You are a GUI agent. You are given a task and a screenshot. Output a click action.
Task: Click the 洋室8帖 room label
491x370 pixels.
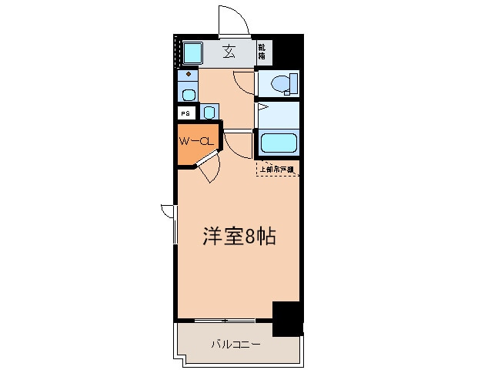coord(239,236)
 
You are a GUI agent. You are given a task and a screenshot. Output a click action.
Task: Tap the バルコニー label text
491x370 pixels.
coord(236,344)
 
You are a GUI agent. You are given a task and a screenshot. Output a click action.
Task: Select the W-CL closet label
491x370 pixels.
coord(195,141)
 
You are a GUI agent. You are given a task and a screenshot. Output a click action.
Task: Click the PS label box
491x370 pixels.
coord(185,113)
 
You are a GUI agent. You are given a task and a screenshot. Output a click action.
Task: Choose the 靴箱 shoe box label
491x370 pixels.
coord(262,52)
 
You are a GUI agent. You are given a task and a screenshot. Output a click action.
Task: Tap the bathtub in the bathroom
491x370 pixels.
coord(278,142)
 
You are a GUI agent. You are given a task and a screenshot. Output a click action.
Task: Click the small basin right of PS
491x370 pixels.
coord(209,112)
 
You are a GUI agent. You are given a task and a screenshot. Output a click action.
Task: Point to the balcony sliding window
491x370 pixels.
coord(225,320)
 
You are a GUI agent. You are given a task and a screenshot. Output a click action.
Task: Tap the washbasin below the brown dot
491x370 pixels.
coord(188,94)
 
